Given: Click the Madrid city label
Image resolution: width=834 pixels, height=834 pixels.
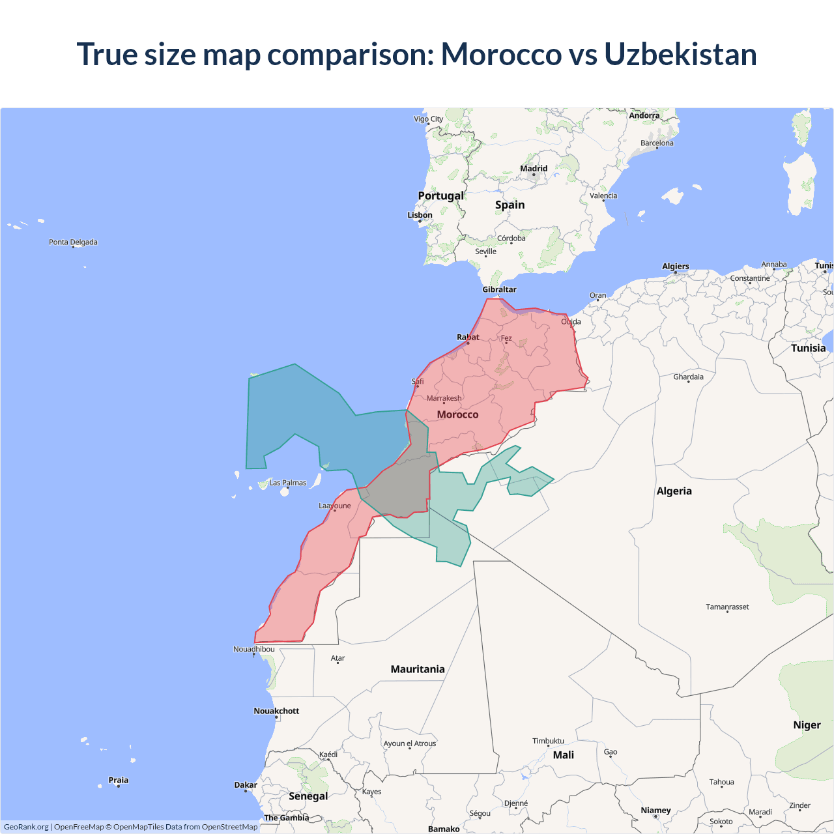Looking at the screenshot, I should pyautogui.click(x=534, y=169).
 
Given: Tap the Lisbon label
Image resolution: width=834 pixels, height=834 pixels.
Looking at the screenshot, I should pyautogui.click(x=420, y=215).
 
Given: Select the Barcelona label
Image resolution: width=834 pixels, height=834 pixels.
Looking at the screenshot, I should pyautogui.click(x=657, y=143).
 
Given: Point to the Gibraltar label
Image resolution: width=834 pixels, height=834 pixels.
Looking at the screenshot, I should pyautogui.click(x=499, y=289).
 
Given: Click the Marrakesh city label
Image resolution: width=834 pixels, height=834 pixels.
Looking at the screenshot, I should pyautogui.click(x=444, y=398).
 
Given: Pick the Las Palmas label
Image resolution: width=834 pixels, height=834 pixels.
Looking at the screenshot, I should pyautogui.click(x=288, y=483).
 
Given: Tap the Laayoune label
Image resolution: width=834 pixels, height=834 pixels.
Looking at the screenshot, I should pyautogui.click(x=335, y=506).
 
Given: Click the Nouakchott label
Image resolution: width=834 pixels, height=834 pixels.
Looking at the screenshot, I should pyautogui.click(x=276, y=711).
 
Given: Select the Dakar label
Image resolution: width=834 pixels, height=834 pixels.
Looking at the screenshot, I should pyautogui.click(x=246, y=785).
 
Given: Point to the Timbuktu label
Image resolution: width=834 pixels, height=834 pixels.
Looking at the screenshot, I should pyautogui.click(x=548, y=741).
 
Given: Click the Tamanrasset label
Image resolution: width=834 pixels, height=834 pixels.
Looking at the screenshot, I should pyautogui.click(x=727, y=607).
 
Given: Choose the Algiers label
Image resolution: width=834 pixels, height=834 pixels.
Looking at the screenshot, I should pyautogui.click(x=676, y=266).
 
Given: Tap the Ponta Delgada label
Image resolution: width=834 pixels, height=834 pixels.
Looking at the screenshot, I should pyautogui.click(x=73, y=242).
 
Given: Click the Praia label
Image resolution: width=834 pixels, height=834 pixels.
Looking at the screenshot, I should pyautogui.click(x=118, y=780).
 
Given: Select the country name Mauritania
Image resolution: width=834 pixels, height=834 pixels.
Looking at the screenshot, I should pyautogui.click(x=418, y=669).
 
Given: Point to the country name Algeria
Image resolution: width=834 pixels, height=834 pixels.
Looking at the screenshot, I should pyautogui.click(x=674, y=491).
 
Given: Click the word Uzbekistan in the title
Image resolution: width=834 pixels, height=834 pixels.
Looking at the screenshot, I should pyautogui.click(x=680, y=54).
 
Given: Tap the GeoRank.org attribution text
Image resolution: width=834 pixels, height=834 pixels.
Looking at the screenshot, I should pyautogui.click(x=26, y=827).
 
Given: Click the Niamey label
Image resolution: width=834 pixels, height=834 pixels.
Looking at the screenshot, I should pyautogui.click(x=655, y=811).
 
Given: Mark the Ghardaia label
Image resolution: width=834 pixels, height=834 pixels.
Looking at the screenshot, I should pyautogui.click(x=688, y=377).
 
